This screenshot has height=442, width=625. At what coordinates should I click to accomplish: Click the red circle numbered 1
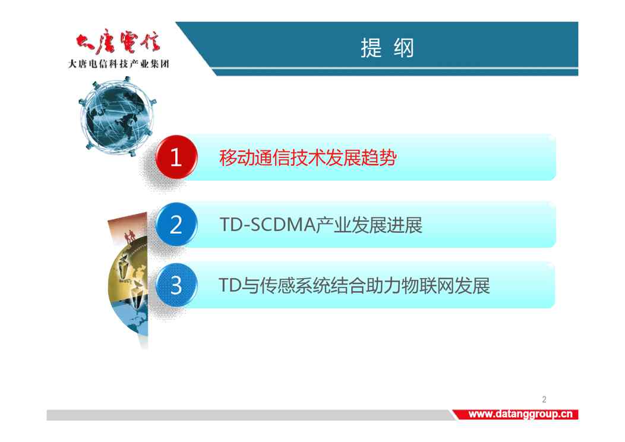[x=176, y=157]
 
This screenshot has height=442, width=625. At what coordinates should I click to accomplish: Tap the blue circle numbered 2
[x=176, y=225]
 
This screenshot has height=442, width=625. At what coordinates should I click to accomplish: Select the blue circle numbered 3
[x=176, y=285]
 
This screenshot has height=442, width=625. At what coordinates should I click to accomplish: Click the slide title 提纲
[x=387, y=48]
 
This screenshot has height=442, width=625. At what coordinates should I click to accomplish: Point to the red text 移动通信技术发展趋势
[x=308, y=158]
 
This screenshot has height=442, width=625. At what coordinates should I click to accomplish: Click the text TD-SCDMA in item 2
[x=267, y=225]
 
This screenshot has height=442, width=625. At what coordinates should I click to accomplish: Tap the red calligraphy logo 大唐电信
[x=118, y=42]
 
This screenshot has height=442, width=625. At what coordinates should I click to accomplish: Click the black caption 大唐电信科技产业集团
[x=119, y=64]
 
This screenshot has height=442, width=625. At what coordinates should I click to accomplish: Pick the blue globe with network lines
[x=118, y=116]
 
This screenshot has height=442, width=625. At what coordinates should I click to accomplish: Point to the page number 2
[x=544, y=399]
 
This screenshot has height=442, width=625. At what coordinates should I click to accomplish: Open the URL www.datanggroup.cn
[x=520, y=414]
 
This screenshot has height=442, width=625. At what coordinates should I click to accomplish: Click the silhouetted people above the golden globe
[x=129, y=236]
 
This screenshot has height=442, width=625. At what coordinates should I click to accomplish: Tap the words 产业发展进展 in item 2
[x=369, y=225]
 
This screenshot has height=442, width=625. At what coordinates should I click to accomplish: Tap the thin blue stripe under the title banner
[x=396, y=72]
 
